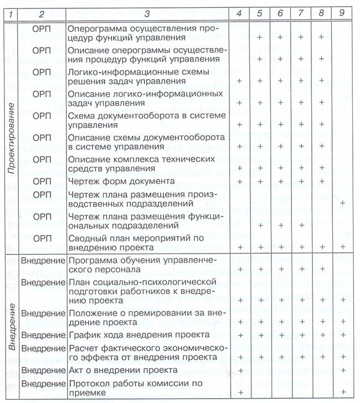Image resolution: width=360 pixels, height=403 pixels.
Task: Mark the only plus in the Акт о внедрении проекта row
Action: pyautogui.click(x=240, y=369)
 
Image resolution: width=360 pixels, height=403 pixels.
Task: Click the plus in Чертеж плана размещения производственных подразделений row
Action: pyautogui.click(x=342, y=203)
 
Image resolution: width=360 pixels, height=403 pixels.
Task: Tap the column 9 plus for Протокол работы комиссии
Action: pyautogui.click(x=342, y=392)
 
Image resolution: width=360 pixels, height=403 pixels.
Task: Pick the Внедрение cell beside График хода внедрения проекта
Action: pyautogui.click(x=43, y=335)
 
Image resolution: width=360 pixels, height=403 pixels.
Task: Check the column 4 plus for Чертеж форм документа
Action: pyautogui.click(x=240, y=181)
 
